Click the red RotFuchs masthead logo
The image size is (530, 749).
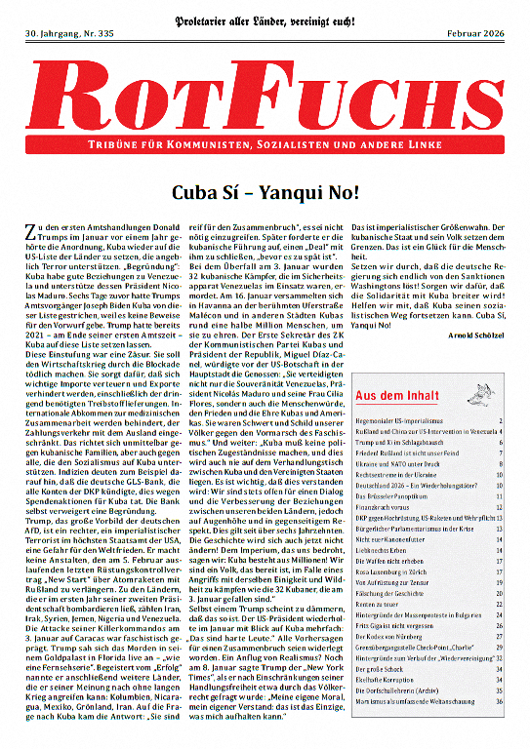coord(265,98)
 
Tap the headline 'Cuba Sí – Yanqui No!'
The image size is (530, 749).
coord(265,193)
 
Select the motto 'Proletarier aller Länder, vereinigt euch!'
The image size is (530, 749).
coord(265,13)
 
